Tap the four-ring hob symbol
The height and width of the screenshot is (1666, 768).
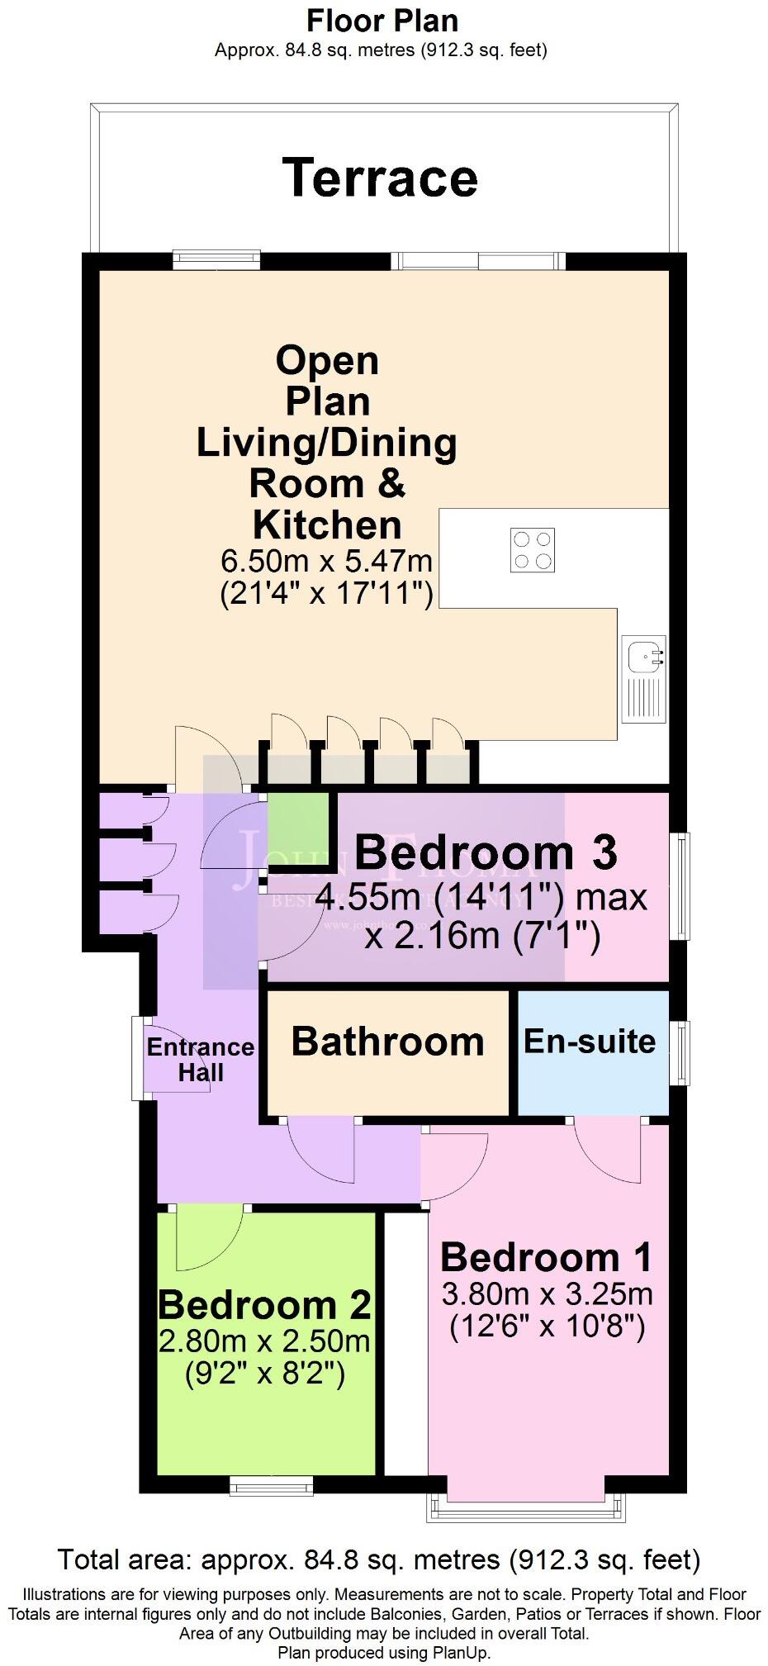[532, 550]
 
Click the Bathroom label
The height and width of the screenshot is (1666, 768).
[387, 1042]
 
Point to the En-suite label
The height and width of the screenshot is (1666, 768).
[590, 1042]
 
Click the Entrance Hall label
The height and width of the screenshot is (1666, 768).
[200, 1060]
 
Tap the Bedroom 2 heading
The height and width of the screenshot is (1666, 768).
[264, 1304]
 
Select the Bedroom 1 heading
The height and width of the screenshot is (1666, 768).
[546, 1257]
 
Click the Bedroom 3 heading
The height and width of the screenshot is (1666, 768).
[486, 852]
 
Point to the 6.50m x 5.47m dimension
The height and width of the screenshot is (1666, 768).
[326, 562]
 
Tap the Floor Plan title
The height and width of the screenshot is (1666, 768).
[382, 20]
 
